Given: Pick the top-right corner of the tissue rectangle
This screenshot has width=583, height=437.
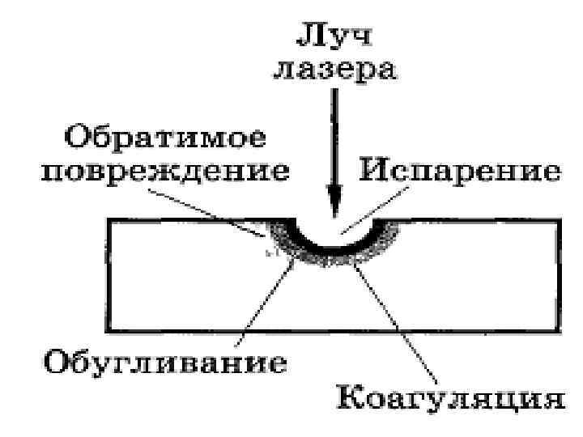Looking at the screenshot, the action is coord(560,219).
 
